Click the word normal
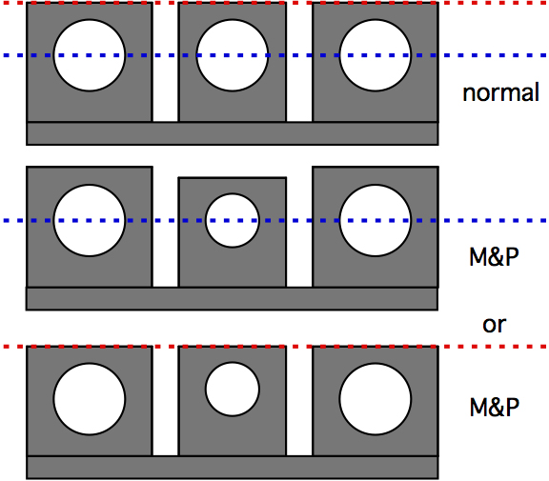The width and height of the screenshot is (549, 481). [x=500, y=92]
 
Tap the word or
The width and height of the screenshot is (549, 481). [x=494, y=325]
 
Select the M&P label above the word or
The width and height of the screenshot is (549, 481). [x=494, y=256]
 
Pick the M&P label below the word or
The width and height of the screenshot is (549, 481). [x=494, y=407]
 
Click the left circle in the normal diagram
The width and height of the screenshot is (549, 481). [x=90, y=55]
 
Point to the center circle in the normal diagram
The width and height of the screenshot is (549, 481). [x=233, y=55]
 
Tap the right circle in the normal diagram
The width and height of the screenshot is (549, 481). [x=376, y=55]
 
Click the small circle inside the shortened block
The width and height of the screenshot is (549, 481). [x=233, y=220]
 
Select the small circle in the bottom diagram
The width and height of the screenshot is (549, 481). [x=233, y=389]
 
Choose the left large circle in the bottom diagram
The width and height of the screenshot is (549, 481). [x=90, y=399]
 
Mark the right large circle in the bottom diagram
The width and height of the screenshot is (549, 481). [x=376, y=399]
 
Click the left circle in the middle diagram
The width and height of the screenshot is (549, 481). [x=90, y=220]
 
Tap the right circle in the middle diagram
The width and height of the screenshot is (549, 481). [x=376, y=220]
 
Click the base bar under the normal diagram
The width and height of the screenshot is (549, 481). [x=233, y=133]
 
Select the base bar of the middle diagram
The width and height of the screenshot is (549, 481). [x=232, y=299]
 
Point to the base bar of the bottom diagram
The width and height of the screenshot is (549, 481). [x=233, y=468]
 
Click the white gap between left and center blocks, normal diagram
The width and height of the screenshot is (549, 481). [x=165, y=62]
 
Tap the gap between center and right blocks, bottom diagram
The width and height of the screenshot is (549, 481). [x=299, y=401]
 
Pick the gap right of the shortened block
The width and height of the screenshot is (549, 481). [x=299, y=227]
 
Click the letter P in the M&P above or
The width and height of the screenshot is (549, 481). [x=512, y=256]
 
